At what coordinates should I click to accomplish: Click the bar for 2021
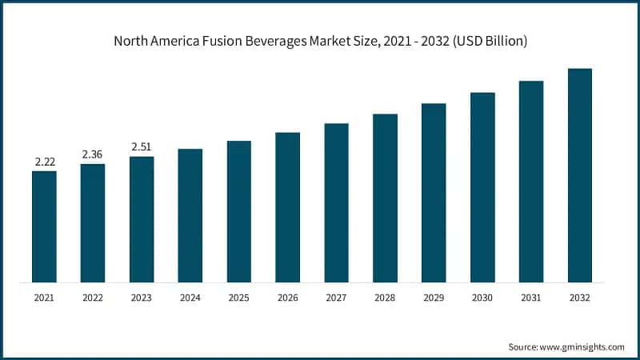[x=44, y=226]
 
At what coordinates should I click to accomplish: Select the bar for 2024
[x=190, y=215]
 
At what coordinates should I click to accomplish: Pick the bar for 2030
[x=482, y=187]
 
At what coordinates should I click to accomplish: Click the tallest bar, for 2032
[x=580, y=175]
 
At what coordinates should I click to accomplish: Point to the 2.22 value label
[x=44, y=162]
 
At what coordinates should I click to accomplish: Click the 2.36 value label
[x=93, y=155]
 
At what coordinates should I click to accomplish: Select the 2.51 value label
[x=142, y=147]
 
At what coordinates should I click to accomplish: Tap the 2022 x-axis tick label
[x=93, y=298]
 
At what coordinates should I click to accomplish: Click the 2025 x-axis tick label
[x=239, y=298]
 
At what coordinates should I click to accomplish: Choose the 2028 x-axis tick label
[x=385, y=298]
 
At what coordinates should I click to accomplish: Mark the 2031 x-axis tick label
[x=531, y=298]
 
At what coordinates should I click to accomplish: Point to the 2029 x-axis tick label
[x=434, y=298]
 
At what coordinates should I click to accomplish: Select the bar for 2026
[x=288, y=207]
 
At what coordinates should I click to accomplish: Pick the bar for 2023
[x=142, y=219]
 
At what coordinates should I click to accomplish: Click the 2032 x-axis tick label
[x=580, y=298]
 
